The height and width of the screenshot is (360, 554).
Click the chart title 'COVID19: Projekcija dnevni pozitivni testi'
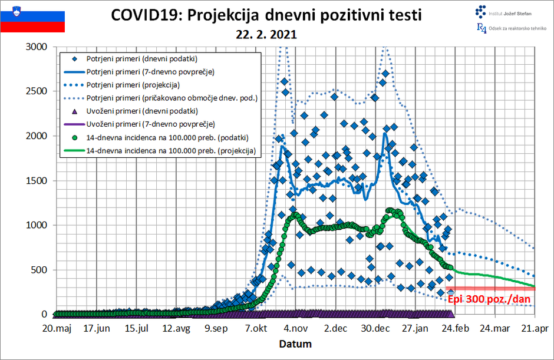(266, 15)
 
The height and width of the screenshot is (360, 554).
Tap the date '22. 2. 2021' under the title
(266, 34)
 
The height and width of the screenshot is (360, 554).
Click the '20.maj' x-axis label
(55, 328)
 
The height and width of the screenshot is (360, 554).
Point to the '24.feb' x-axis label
(454, 328)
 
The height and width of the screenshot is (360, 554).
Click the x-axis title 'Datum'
(295, 344)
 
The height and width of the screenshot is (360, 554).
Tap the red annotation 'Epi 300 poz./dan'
(489, 299)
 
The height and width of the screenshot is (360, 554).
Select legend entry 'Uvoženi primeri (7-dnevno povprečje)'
(150, 124)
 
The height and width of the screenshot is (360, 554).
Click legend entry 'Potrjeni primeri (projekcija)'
(133, 85)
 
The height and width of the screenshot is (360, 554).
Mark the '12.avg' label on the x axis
(175, 328)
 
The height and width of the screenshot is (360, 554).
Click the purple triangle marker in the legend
(74, 111)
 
